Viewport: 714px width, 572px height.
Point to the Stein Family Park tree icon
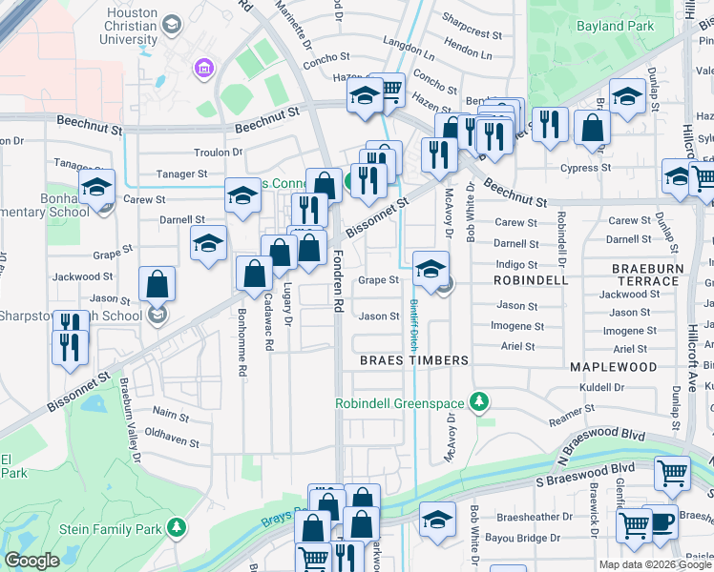pos(176,526)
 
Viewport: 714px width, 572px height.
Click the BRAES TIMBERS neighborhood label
pos(413,360)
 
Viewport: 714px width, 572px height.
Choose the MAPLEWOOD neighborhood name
pos(613,366)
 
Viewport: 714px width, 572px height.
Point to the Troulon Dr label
pos(219,153)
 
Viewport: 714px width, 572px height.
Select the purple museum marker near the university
pos(202,69)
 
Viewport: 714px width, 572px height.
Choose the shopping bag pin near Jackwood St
pos(157,284)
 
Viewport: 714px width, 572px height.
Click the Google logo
pos(32,561)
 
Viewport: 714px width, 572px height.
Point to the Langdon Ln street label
pos(409,44)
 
